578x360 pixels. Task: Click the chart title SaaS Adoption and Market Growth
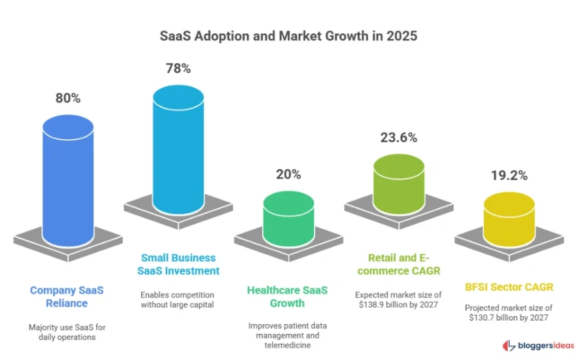pos(288,37)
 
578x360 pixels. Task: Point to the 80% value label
pos(67,98)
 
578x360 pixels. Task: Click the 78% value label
pos(178,67)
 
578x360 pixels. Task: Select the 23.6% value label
pos(398,138)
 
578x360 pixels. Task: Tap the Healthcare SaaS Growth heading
pos(288,297)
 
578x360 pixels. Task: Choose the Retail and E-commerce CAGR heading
pos(398,264)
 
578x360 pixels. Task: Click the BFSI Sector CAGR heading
pos(508,286)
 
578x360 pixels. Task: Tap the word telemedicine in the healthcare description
pos(288,345)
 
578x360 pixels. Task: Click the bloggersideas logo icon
pos(508,345)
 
